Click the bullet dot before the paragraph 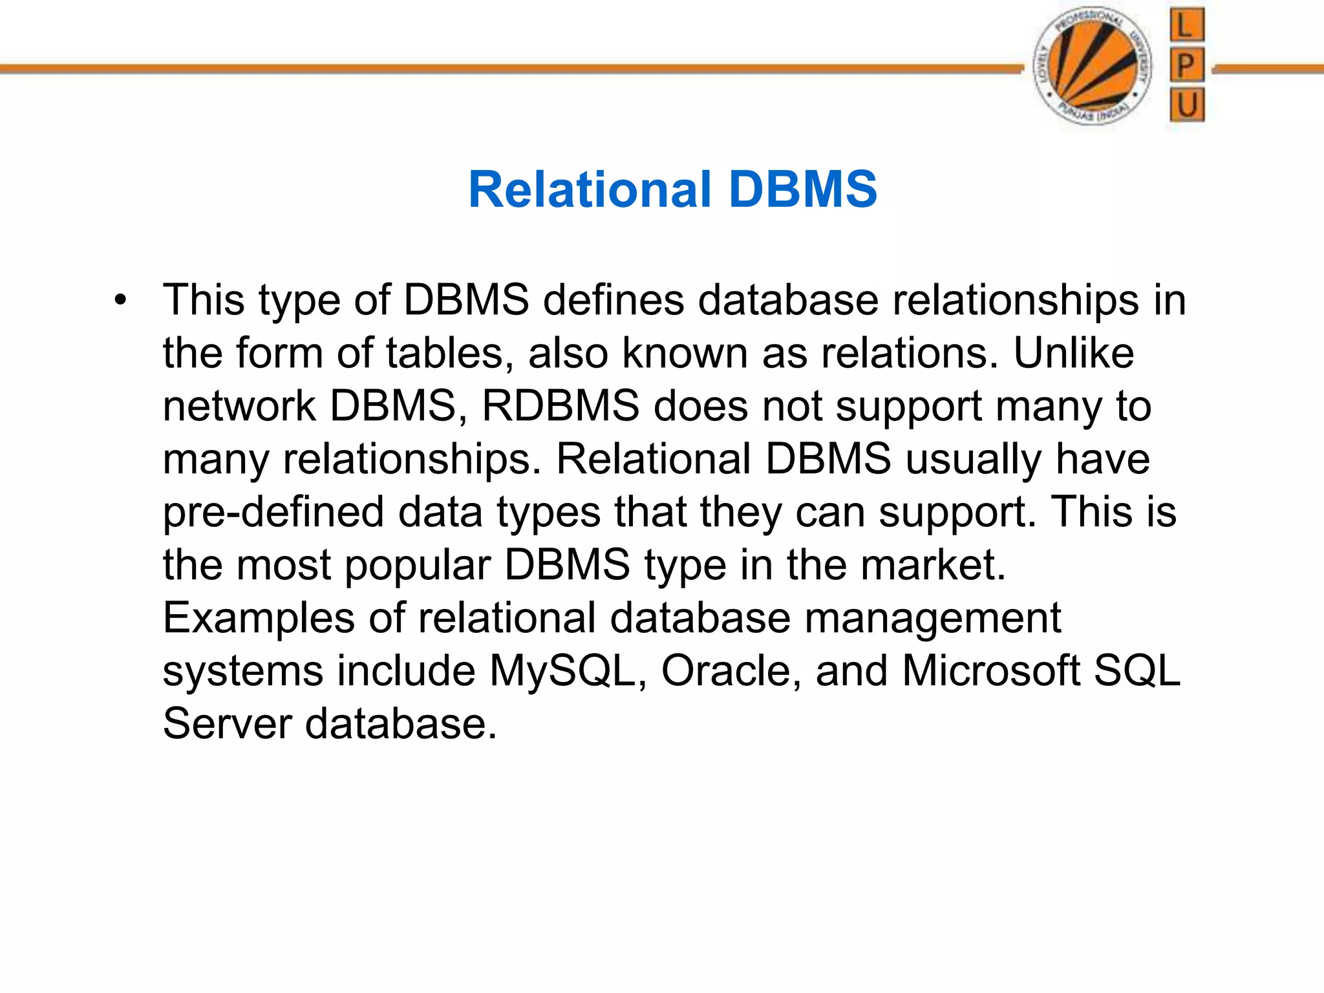point(120,301)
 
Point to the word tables point(445,354)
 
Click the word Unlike point(1073,354)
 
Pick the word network point(239,407)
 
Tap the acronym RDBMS point(561,407)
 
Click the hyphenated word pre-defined point(273,513)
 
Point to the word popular point(417,566)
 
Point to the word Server point(227,724)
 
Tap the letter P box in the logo point(1187,65)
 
